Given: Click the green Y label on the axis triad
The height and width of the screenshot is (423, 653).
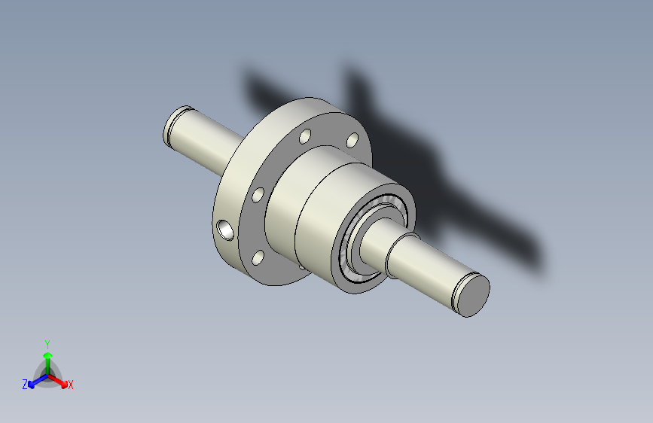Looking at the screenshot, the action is click(47, 344).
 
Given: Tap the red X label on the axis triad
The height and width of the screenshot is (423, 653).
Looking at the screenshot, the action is click(70, 385).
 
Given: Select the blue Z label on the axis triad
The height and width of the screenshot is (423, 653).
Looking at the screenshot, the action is click(25, 385).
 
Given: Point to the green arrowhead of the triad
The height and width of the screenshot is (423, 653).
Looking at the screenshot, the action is click(48, 355).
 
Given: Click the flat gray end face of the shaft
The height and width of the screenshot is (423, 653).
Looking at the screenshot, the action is click(474, 297).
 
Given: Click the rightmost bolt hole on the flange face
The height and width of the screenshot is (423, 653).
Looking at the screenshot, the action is click(352, 140).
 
